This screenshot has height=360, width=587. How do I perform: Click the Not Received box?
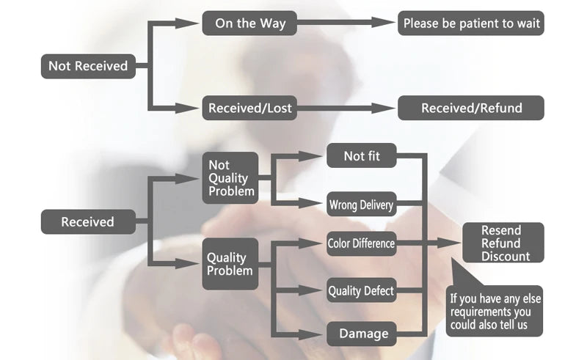pyautogui.click(x=88, y=66)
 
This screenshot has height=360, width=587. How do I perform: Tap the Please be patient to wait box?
pyautogui.click(x=471, y=23)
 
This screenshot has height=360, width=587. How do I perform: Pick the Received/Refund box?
pyautogui.click(x=471, y=109)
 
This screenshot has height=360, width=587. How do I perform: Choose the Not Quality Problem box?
pyautogui.click(x=230, y=178)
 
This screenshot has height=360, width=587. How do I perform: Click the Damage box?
pyautogui.click(x=362, y=334)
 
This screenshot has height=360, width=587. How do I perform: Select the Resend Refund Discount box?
pyautogui.click(x=503, y=243)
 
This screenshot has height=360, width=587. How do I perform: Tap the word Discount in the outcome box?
pyautogui.click(x=506, y=257)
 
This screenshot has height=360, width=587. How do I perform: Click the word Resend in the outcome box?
pyautogui.click(x=501, y=230)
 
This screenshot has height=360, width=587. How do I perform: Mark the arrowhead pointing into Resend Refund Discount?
pyautogui.click(x=450, y=243)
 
